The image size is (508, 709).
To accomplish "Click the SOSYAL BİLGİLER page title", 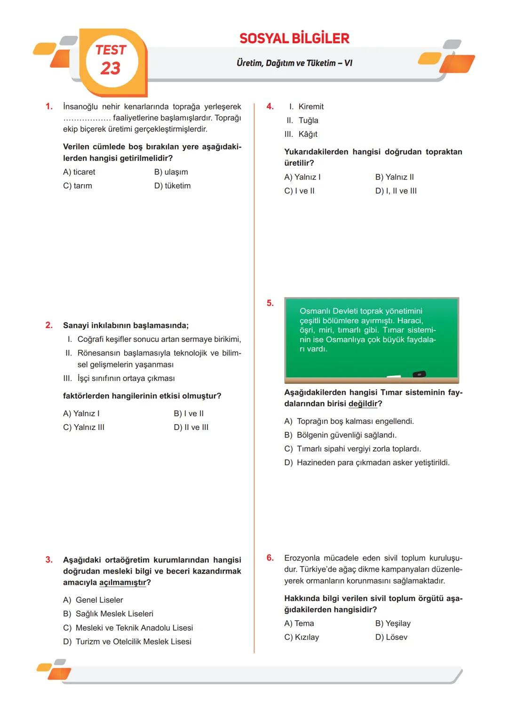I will (x=294, y=39).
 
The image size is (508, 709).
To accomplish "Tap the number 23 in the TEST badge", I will (x=111, y=69).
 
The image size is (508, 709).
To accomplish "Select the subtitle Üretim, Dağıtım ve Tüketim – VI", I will (x=294, y=63).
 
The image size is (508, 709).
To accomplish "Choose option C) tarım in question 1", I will (x=78, y=186).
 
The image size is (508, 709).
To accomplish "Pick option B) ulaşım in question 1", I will (x=171, y=172).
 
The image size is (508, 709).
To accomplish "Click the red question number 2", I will (x=49, y=325).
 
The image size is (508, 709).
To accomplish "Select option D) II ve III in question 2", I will (x=191, y=428).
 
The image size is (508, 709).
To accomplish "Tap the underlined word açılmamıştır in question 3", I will (x=123, y=583).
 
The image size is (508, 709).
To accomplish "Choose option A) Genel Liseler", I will (x=93, y=600).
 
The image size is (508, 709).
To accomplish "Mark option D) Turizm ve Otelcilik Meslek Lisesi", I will (x=127, y=642).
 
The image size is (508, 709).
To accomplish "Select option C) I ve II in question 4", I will (x=299, y=191).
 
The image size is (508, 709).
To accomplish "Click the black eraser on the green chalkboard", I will (x=419, y=374).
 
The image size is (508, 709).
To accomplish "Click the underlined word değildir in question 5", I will (x=363, y=404).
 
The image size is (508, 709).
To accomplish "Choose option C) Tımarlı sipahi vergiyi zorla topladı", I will (x=353, y=449).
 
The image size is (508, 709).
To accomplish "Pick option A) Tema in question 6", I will (x=299, y=623).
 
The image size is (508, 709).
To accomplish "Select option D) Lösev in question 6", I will (x=391, y=638).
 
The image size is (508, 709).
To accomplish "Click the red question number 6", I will (x=270, y=558).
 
